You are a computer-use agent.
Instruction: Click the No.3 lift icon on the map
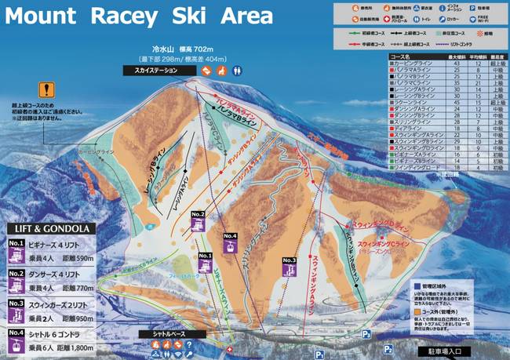tap(289, 266)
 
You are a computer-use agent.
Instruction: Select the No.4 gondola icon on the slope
tap(230, 242)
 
